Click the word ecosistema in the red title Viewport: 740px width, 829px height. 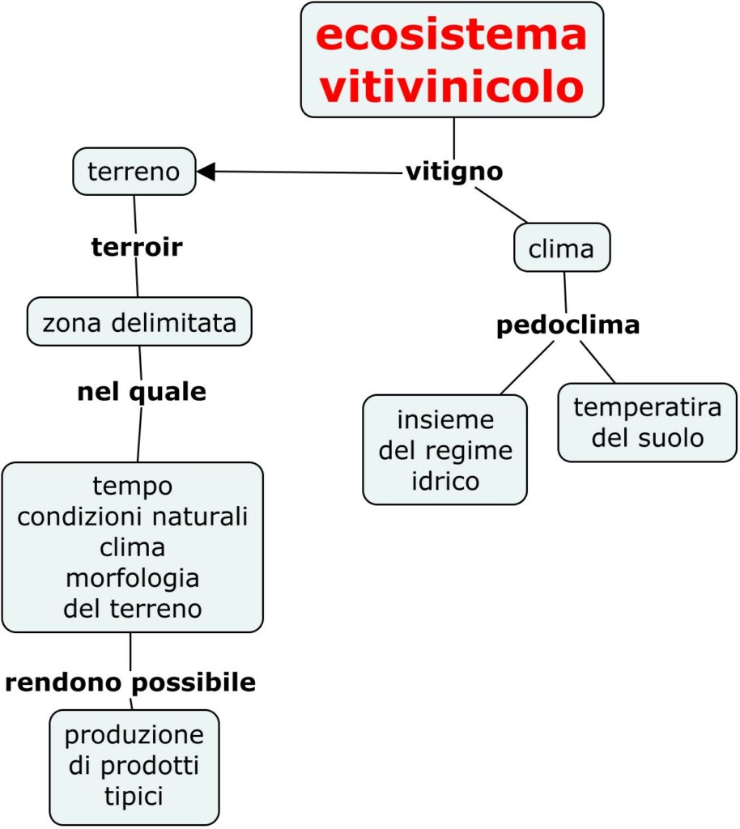(451, 36)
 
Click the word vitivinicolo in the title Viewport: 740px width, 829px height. (451, 85)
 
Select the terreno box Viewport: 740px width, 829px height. (134, 171)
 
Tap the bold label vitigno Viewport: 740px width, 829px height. (454, 172)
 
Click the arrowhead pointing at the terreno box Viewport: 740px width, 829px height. (206, 171)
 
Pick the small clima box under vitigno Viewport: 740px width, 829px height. (561, 248)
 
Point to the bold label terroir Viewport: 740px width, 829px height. (137, 248)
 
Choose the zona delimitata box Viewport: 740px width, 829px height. (139, 323)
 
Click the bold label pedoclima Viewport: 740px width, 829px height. (568, 325)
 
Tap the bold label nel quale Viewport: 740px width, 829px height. (142, 393)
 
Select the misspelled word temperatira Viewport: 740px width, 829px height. (647, 407)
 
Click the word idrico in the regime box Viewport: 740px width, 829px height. (444, 481)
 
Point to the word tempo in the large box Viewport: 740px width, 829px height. (132, 486)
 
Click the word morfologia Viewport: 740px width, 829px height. (132, 578)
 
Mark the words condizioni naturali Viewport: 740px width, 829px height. (132, 517)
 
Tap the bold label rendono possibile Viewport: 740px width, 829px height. (130, 683)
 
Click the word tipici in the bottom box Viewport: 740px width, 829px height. (134, 796)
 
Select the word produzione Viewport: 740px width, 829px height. (134, 736)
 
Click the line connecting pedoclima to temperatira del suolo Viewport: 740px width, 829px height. (598, 362)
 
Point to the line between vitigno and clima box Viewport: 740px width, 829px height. (501, 205)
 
